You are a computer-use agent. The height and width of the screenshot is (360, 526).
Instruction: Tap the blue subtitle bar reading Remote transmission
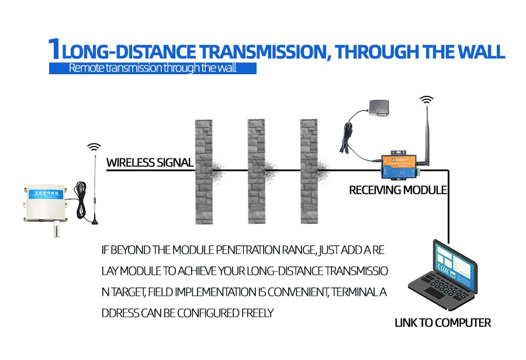tap(153, 68)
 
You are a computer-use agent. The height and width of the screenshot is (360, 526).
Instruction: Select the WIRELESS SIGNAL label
tap(150, 162)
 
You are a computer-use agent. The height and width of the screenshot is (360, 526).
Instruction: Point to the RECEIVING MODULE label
tap(397, 190)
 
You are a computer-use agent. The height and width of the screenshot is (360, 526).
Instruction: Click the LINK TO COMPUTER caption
tap(442, 323)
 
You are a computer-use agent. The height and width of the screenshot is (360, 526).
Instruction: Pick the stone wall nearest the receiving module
tap(310, 172)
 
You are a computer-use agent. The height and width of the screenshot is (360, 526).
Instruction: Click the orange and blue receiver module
tap(400, 165)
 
